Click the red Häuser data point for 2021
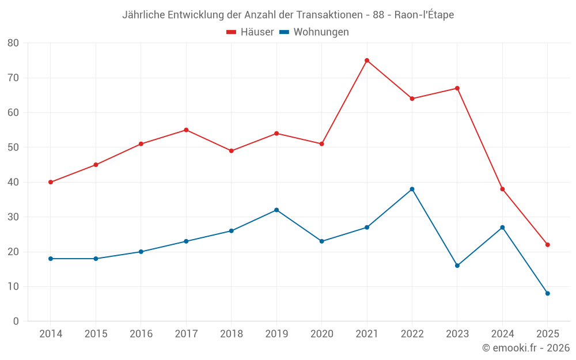tap(367, 60)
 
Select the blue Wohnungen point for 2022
tap(412, 190)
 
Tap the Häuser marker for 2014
tap(51, 182)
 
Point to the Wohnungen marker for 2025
tap(548, 294)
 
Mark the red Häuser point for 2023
tap(457, 88)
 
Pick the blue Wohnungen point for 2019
tap(276, 210)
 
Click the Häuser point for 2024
tap(502, 189)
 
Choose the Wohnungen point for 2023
tap(457, 266)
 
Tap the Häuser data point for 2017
tap(186, 130)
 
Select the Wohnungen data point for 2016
tap(141, 252)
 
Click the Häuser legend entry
tap(250, 32)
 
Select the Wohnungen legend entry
tap(314, 32)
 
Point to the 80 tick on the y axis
tap(13, 43)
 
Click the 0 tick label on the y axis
tap(16, 321)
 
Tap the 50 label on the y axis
tap(13, 147)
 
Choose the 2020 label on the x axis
tap(321, 334)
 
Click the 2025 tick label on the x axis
tap(548, 334)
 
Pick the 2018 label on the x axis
tap(231, 334)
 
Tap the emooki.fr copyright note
tap(525, 348)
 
